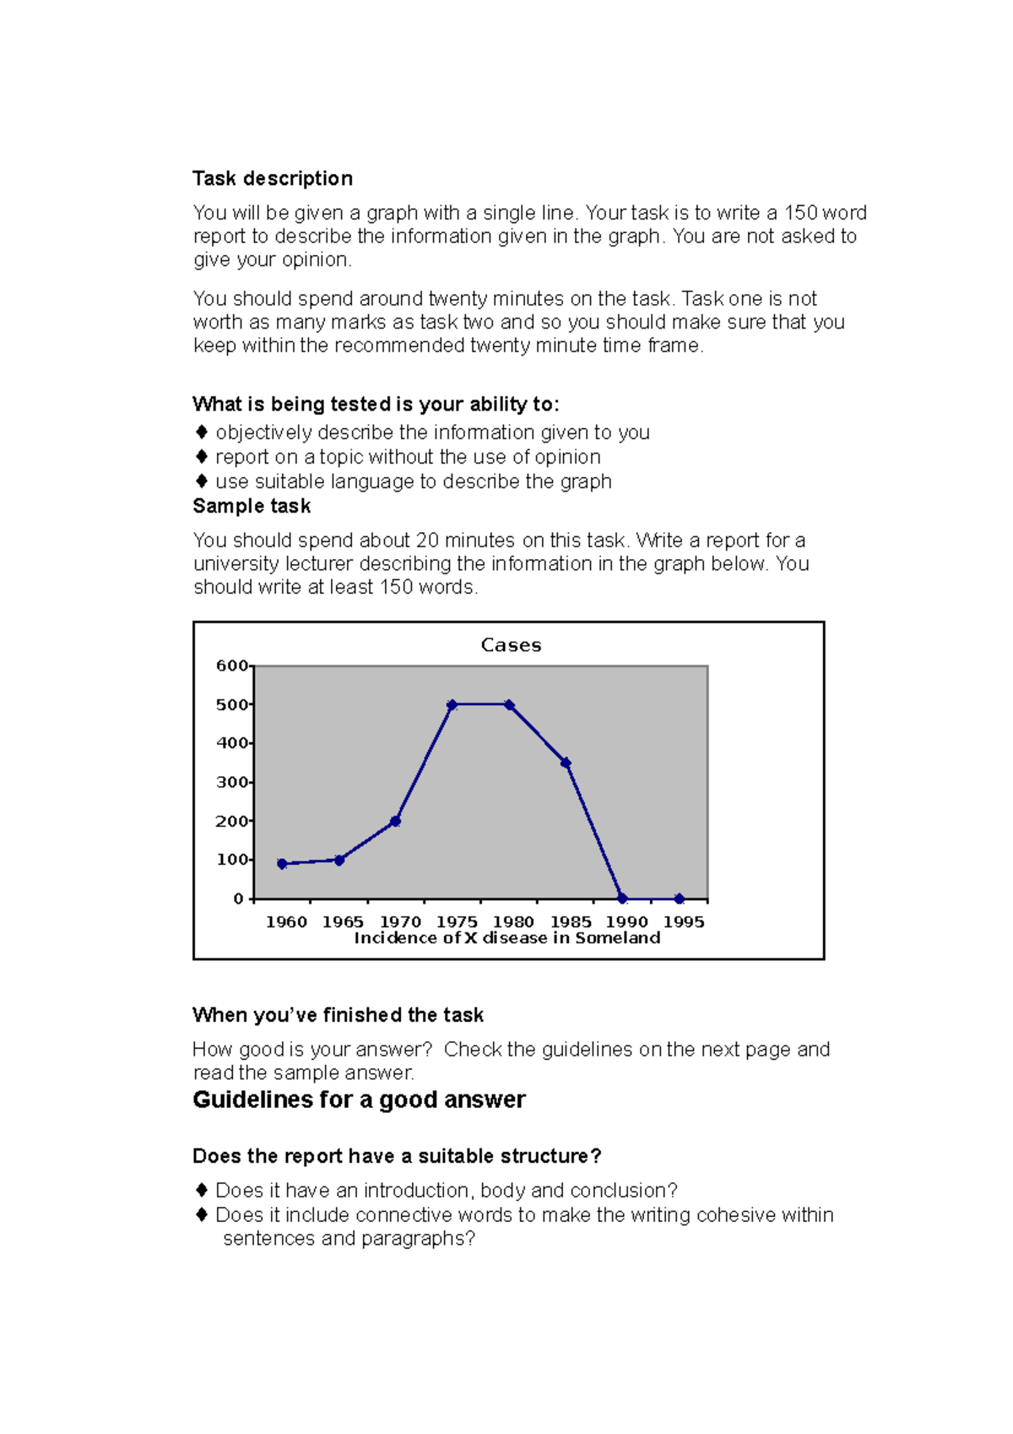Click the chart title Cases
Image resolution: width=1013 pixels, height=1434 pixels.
[x=511, y=645]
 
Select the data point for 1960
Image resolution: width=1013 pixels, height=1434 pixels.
[x=282, y=864]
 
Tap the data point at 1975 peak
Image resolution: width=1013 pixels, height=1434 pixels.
[x=452, y=704]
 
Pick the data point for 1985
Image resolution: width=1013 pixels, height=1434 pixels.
[x=566, y=763]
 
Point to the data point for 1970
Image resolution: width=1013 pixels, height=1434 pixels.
[x=395, y=821]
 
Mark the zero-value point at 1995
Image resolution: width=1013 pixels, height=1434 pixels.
[x=679, y=899]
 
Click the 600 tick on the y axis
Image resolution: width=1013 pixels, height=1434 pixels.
[x=232, y=665]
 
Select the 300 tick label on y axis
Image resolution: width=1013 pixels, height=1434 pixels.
[x=232, y=782]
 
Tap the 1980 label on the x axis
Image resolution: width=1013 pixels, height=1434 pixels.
[x=513, y=922]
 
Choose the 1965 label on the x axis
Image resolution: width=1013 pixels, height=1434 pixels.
[x=343, y=922]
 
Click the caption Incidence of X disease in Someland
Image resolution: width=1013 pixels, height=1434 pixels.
[x=506, y=938]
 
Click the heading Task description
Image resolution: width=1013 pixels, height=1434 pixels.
[x=273, y=179]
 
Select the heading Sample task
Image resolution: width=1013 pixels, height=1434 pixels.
[x=252, y=506]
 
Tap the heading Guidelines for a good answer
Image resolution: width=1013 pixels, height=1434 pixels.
[x=359, y=1100]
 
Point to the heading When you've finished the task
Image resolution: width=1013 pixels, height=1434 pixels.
[x=338, y=1015]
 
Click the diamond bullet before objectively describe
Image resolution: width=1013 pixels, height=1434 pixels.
[x=202, y=432]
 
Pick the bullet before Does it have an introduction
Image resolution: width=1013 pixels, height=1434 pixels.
[x=202, y=1190]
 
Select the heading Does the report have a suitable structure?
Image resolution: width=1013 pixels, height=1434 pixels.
[x=397, y=1156]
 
